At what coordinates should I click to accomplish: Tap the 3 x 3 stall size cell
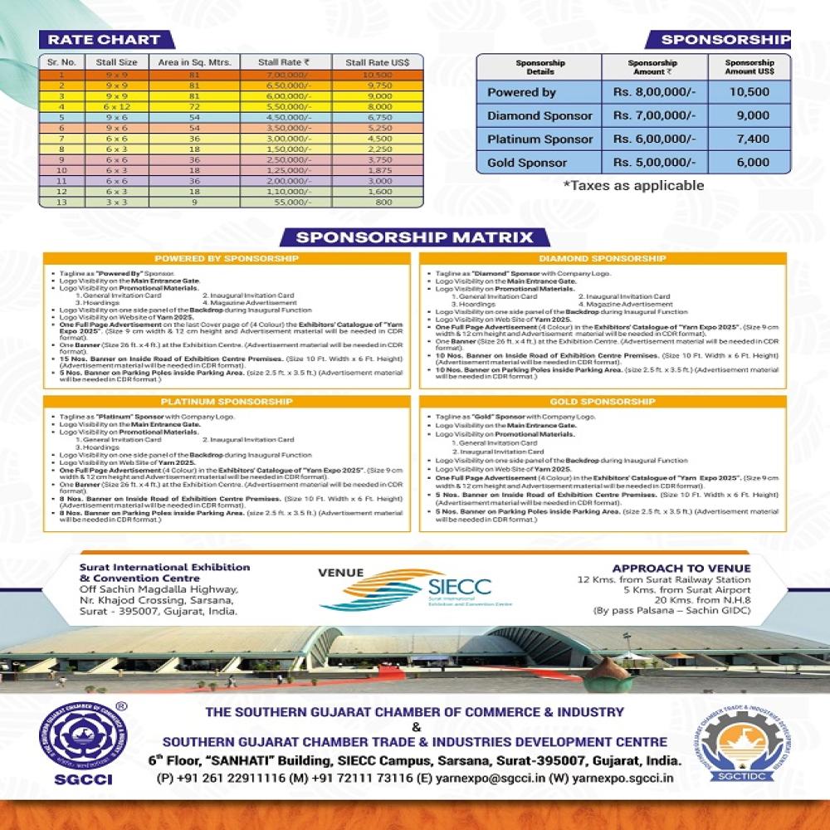click(115, 202)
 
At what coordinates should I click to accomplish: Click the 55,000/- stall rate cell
click(283, 202)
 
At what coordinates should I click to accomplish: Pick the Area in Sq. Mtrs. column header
click(195, 61)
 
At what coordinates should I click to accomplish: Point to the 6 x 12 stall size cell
click(115, 106)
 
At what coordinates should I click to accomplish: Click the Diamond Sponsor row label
click(539, 115)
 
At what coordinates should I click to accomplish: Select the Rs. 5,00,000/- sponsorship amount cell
click(655, 163)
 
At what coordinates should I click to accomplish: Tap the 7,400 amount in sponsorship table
click(752, 139)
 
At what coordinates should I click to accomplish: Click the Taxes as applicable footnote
click(633, 185)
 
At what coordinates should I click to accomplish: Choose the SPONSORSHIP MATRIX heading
click(414, 237)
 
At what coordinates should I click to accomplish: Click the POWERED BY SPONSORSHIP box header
click(226, 259)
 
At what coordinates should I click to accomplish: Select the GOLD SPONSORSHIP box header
click(603, 402)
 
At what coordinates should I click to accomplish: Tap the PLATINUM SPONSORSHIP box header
click(226, 402)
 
